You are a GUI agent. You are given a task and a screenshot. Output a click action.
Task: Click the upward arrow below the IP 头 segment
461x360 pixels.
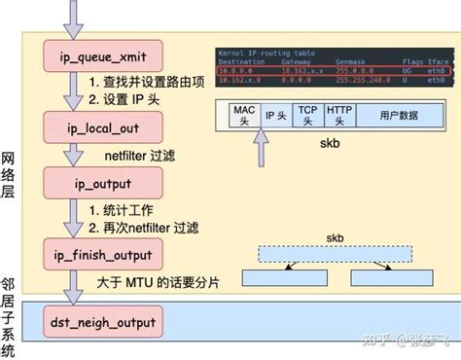(259, 147)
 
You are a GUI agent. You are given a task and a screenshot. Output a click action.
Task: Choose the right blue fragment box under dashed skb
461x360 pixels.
(389, 278)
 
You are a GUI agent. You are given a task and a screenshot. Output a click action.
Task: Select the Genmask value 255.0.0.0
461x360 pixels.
(354, 72)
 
